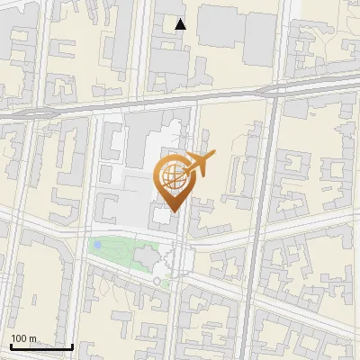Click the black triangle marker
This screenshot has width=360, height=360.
181,24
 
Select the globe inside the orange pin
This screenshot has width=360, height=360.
171,177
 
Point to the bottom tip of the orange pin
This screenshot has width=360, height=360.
171,212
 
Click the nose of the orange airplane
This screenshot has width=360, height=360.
213,157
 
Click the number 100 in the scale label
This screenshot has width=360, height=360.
21,339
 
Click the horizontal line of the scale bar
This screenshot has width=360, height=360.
40,346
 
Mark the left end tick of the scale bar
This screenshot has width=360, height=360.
10,345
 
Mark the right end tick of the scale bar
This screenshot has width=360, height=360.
71,345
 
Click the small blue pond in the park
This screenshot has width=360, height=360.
96,245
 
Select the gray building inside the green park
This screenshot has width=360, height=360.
144,259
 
